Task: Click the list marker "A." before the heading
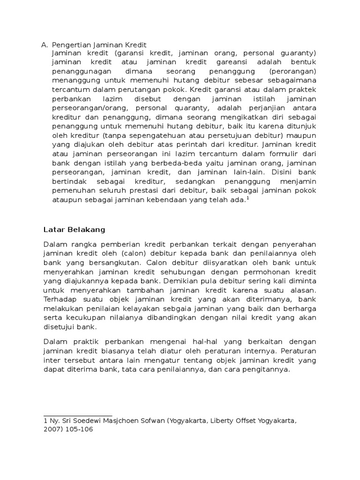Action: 45,45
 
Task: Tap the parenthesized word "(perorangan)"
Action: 293,71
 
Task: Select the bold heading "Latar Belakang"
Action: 75,230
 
